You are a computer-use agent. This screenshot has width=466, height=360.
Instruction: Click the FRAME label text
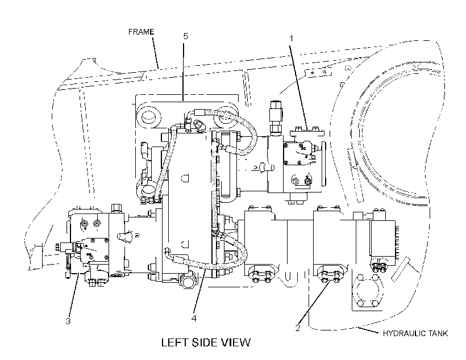coord(141,32)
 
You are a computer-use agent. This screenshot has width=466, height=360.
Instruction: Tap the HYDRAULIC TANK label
coord(415,333)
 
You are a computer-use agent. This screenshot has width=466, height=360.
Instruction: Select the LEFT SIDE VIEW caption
coord(206,342)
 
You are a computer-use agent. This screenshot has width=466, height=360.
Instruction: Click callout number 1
coord(291,38)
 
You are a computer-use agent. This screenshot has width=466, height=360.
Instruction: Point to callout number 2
coord(297,328)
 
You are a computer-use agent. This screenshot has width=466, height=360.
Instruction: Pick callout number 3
coord(68,321)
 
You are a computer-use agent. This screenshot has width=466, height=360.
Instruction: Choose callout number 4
coord(194,318)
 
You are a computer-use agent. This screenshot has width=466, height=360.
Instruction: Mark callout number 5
coord(185,36)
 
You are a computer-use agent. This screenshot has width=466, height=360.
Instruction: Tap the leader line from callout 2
coord(314,303)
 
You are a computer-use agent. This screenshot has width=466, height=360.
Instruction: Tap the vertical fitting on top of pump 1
coord(276,117)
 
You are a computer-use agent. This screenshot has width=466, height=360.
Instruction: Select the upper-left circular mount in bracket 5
coord(148,115)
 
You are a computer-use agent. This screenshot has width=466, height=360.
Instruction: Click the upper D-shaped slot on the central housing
coord(185,178)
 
